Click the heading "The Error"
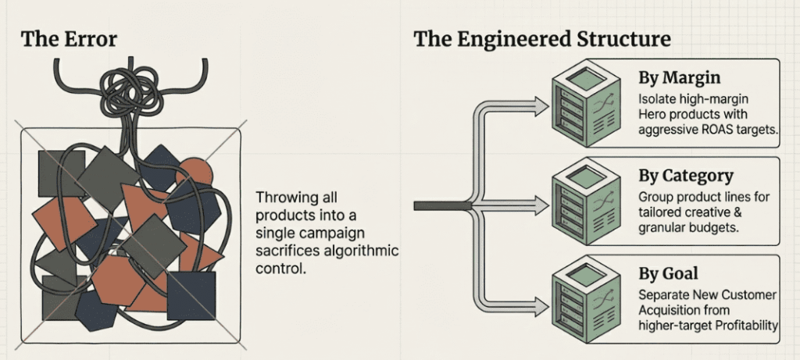(69, 39)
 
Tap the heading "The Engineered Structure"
(542, 39)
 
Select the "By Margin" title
(680, 78)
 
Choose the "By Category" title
(686, 176)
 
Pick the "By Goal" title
(668, 274)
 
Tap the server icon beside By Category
(586, 201)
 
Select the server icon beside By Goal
(586, 298)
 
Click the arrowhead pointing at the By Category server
(540, 206)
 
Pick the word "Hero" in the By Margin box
(651, 114)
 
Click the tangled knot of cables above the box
(130, 93)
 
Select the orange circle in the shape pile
(195, 171)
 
